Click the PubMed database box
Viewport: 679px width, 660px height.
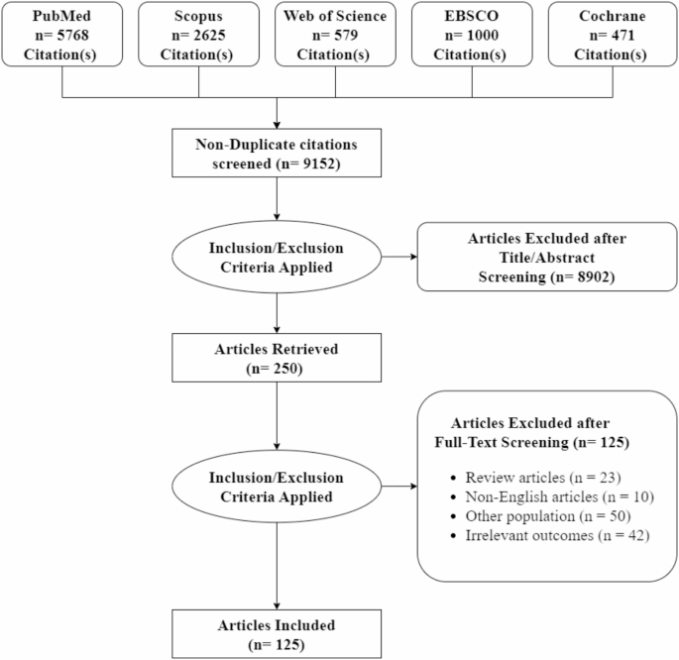pos(61,37)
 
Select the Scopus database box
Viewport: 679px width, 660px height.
pos(199,37)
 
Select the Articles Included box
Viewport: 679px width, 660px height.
pos(277,634)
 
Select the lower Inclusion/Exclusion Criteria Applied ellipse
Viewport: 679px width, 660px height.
pos(277,485)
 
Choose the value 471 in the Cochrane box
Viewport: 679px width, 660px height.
pos(622,37)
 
